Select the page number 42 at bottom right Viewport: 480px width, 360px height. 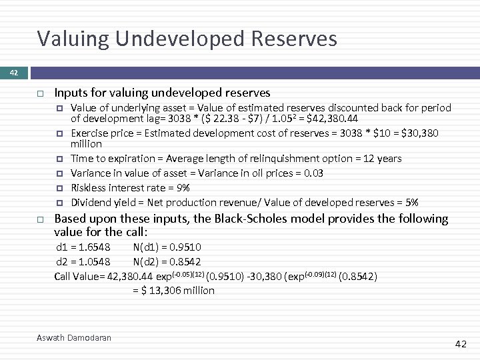coord(461,344)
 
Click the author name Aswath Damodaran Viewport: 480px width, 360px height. coord(73,338)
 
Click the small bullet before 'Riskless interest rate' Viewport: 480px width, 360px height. coord(59,188)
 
